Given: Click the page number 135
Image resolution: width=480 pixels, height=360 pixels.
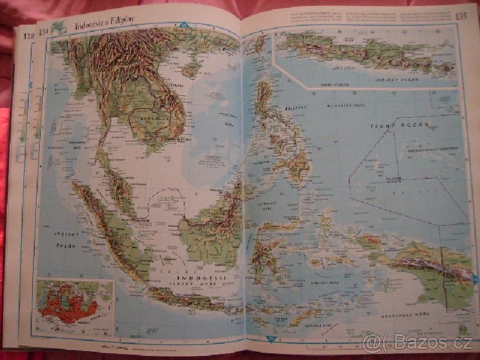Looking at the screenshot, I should (x=460, y=16).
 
